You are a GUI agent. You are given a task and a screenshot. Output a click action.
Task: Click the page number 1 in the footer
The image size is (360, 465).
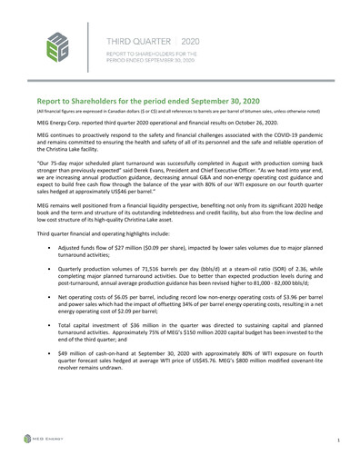point(338,440)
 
